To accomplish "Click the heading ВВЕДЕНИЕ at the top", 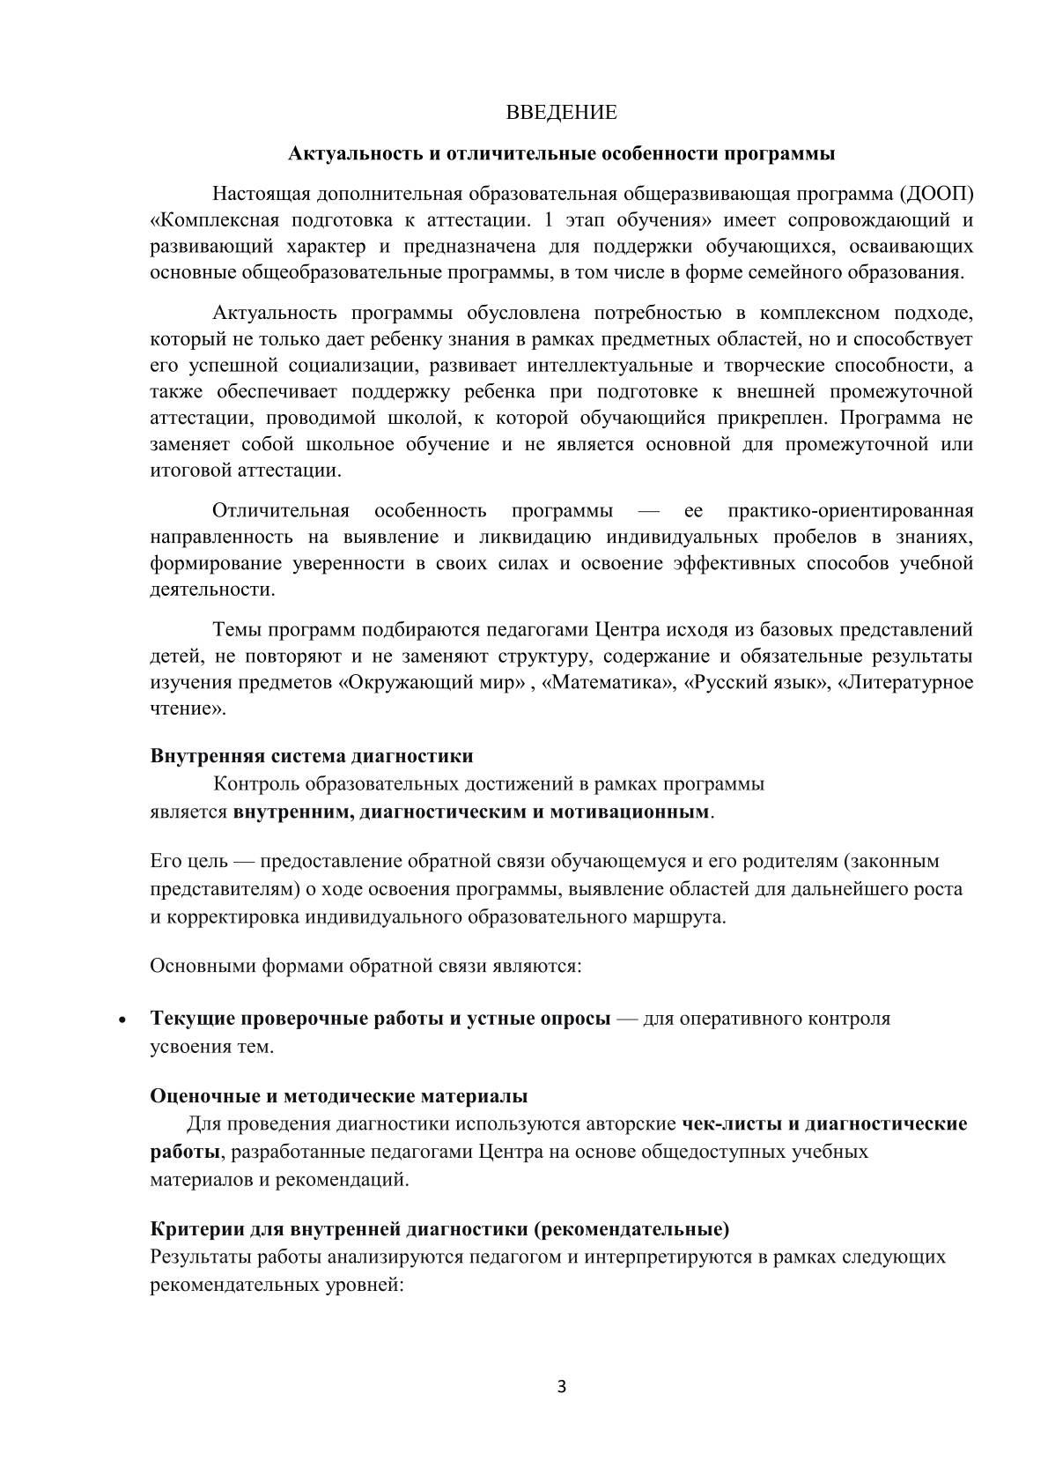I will point(561,113).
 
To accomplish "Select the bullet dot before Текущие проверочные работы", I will point(122,1020).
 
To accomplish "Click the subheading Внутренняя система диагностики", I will point(312,756).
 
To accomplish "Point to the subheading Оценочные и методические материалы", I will point(339,1096).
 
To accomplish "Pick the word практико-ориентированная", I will point(851,511).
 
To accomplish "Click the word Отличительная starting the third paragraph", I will point(281,511).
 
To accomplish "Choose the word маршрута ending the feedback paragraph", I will point(690,916).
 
